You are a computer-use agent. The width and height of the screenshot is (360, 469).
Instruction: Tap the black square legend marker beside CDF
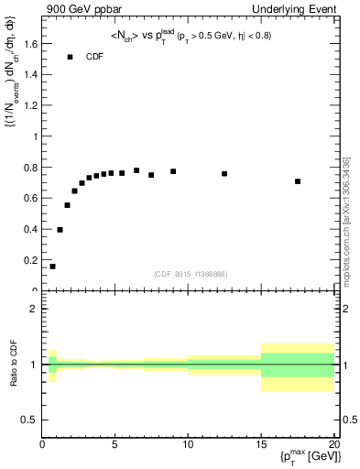click(x=70, y=57)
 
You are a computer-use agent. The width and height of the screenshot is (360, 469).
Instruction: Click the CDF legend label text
click(x=95, y=57)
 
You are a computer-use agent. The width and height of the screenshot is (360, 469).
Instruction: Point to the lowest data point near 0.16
click(x=52, y=267)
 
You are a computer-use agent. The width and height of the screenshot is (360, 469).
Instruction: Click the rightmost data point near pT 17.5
click(x=298, y=181)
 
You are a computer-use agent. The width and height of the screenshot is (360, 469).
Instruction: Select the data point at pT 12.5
click(x=224, y=173)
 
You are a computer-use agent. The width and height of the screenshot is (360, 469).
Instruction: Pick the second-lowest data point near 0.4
click(x=60, y=229)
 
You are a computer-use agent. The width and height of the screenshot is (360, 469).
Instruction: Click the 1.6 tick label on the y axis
click(x=30, y=43)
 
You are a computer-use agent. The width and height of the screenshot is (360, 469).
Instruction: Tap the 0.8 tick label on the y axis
click(x=30, y=167)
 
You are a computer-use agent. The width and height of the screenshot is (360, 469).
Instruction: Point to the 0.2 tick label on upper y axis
click(x=30, y=260)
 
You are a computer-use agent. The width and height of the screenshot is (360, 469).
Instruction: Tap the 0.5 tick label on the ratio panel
click(x=29, y=420)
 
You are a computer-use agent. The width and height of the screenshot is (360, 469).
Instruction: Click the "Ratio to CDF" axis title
click(x=12, y=364)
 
